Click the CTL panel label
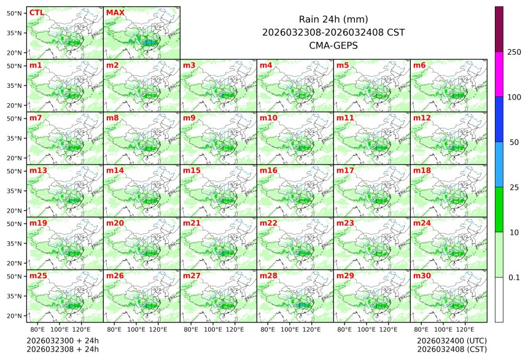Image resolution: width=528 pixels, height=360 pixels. point(36,13)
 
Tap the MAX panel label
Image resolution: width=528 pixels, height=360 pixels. point(115,13)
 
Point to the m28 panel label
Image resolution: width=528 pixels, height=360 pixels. point(268,276)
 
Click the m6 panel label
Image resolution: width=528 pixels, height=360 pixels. point(420,65)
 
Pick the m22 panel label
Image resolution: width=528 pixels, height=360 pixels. point(268,223)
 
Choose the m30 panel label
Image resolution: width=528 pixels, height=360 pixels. point(421,276)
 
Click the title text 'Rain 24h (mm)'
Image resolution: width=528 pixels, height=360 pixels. point(333,19)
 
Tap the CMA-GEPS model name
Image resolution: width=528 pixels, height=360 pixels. point(333,45)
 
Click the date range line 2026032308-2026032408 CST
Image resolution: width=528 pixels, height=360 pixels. point(333,33)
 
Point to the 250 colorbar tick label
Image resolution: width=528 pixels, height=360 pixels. point(514,52)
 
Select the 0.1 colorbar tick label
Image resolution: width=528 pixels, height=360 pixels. point(514,278)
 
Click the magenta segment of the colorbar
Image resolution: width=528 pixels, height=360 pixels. point(499,74)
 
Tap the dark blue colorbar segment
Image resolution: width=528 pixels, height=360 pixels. point(499,119)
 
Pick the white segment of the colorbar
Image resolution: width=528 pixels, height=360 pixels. point(499,299)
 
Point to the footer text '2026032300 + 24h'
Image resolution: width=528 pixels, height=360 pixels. point(63,340)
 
